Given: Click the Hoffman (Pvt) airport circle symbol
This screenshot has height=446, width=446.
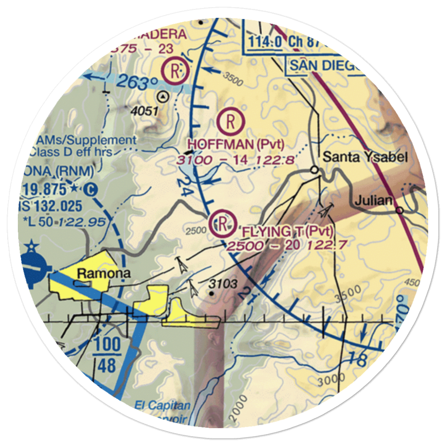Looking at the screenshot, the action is click(x=231, y=120).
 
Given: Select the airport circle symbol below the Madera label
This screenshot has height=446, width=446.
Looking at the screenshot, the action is click(x=175, y=70).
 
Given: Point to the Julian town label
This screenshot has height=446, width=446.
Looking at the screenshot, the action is click(x=374, y=201).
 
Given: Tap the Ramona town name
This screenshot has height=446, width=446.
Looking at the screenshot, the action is click(x=104, y=273).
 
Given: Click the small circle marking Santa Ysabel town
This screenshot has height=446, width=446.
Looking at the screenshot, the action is click(x=315, y=169).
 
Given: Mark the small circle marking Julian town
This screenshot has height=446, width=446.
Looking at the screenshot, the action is click(x=400, y=210).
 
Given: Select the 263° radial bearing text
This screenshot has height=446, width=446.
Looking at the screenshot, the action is click(x=139, y=83).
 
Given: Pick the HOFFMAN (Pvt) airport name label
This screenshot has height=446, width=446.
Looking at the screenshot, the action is click(x=235, y=144).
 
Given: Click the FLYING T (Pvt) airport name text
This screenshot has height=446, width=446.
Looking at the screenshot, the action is click(x=288, y=231).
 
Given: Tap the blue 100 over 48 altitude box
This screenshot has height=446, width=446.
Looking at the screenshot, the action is click(x=107, y=355).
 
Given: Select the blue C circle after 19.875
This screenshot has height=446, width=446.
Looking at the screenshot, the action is click(x=91, y=190).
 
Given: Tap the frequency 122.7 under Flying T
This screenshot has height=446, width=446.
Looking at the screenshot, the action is click(x=329, y=244).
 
